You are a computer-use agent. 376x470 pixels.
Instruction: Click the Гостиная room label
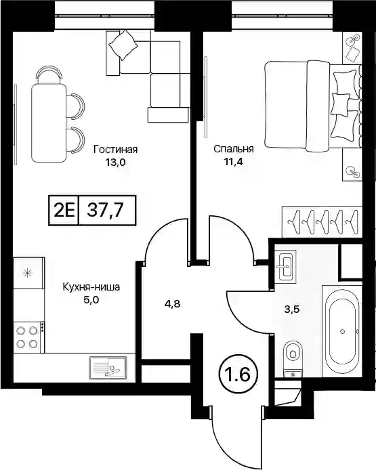coord(115,149)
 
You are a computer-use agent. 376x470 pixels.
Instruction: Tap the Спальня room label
coord(234,149)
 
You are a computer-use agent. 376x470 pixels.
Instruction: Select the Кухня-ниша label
coord(91,287)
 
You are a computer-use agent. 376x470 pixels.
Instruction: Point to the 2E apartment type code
coord(64,210)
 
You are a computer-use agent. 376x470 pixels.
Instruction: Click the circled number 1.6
coord(239,375)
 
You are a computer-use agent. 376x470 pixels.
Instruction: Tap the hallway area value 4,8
coord(173,304)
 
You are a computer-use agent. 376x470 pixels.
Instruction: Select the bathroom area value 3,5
coord(292,309)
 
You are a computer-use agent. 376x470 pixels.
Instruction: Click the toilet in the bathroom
coord(293,358)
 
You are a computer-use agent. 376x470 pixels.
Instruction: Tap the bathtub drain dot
coord(342,331)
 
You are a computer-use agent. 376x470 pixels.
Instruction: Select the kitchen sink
coord(108,367)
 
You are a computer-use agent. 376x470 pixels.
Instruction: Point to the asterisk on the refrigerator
coord(28,273)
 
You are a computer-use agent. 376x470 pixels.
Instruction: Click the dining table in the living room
coord(49,123)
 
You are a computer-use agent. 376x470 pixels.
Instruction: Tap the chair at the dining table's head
coord(49,74)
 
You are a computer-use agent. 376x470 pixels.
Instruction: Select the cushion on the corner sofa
coord(123,45)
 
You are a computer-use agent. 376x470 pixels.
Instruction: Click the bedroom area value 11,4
coord(232,162)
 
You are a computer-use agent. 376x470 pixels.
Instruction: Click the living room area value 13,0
coord(115,163)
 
